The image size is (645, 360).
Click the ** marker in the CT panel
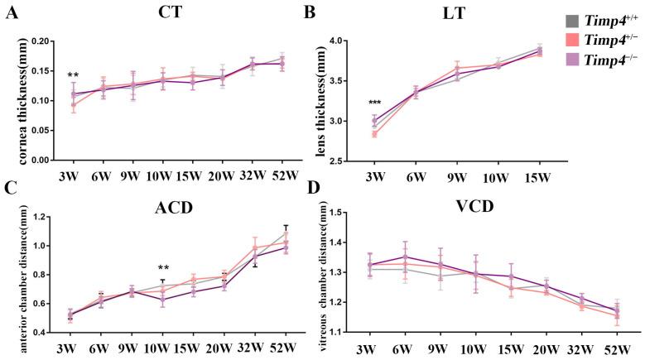pyautogui.click(x=73, y=75)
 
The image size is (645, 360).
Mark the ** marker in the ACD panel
pyautogui.click(x=163, y=268)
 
